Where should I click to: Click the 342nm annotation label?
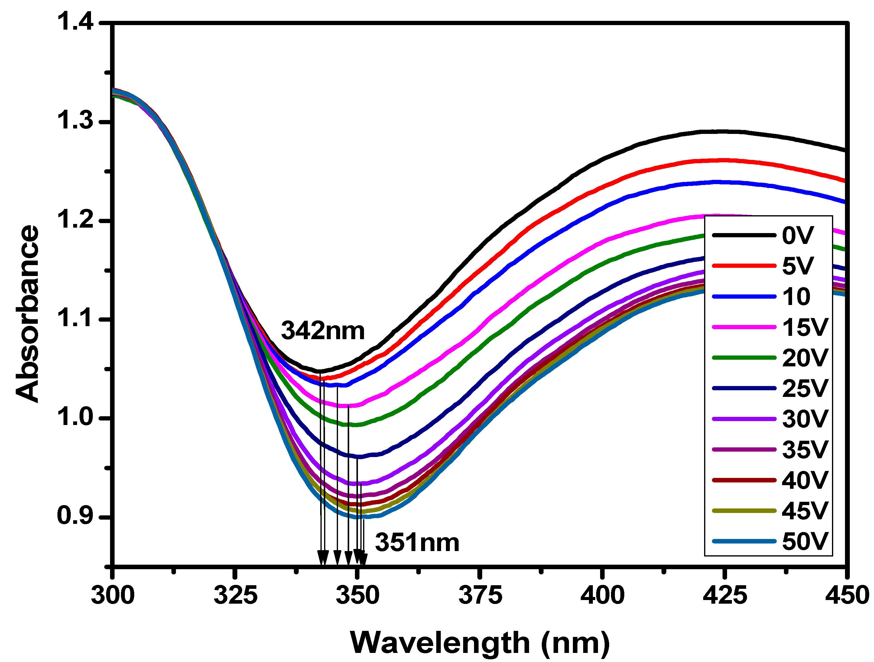(322, 331)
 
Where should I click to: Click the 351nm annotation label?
(417, 542)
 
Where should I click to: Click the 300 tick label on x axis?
(112, 595)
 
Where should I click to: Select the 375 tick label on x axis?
(480, 595)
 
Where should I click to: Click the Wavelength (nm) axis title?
(480, 643)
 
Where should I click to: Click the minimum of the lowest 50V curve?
(358, 516)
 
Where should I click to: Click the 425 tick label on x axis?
(725, 595)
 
